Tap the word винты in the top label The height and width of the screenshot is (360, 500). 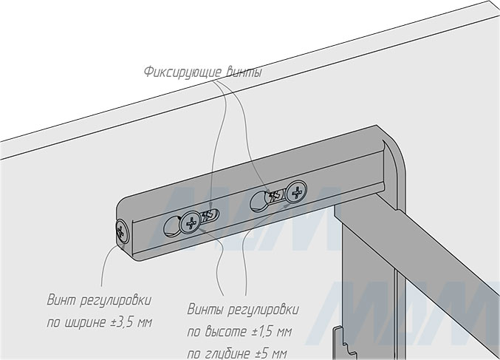(244, 72)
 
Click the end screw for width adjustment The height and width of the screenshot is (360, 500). (122, 231)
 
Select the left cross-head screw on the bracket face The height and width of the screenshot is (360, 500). (191, 223)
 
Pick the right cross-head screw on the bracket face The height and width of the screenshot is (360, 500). (297, 191)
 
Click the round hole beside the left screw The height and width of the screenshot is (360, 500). (172, 226)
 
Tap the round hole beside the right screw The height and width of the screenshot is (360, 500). (258, 202)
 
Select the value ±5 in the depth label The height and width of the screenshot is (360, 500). (261, 353)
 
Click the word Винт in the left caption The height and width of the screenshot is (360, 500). (61, 301)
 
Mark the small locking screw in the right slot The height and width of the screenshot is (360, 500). (275, 195)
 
